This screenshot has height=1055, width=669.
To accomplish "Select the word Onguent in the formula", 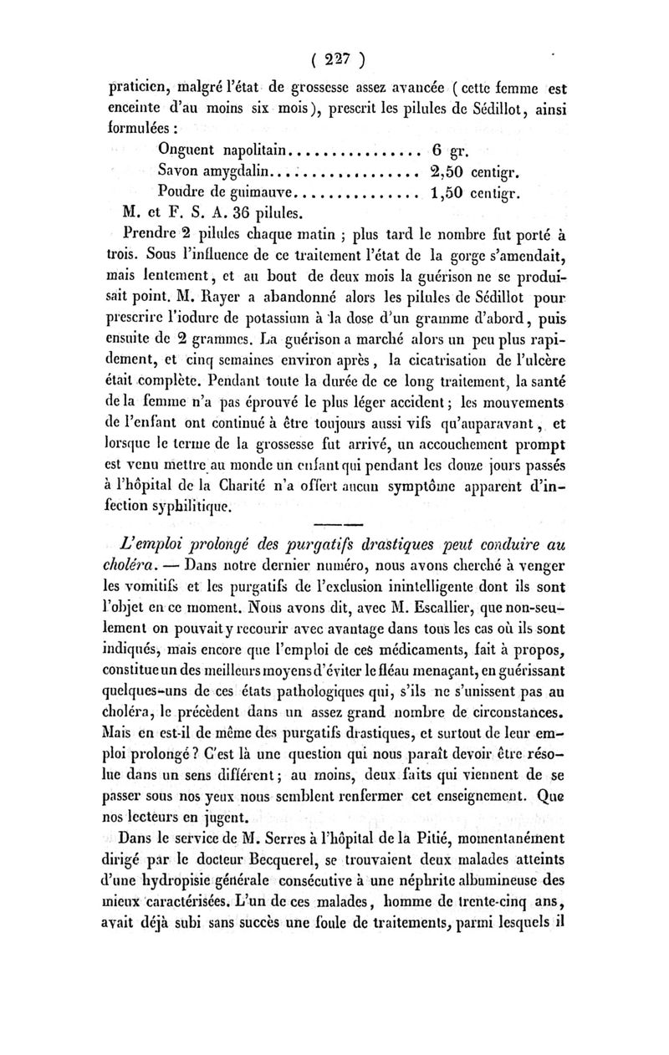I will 191,151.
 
